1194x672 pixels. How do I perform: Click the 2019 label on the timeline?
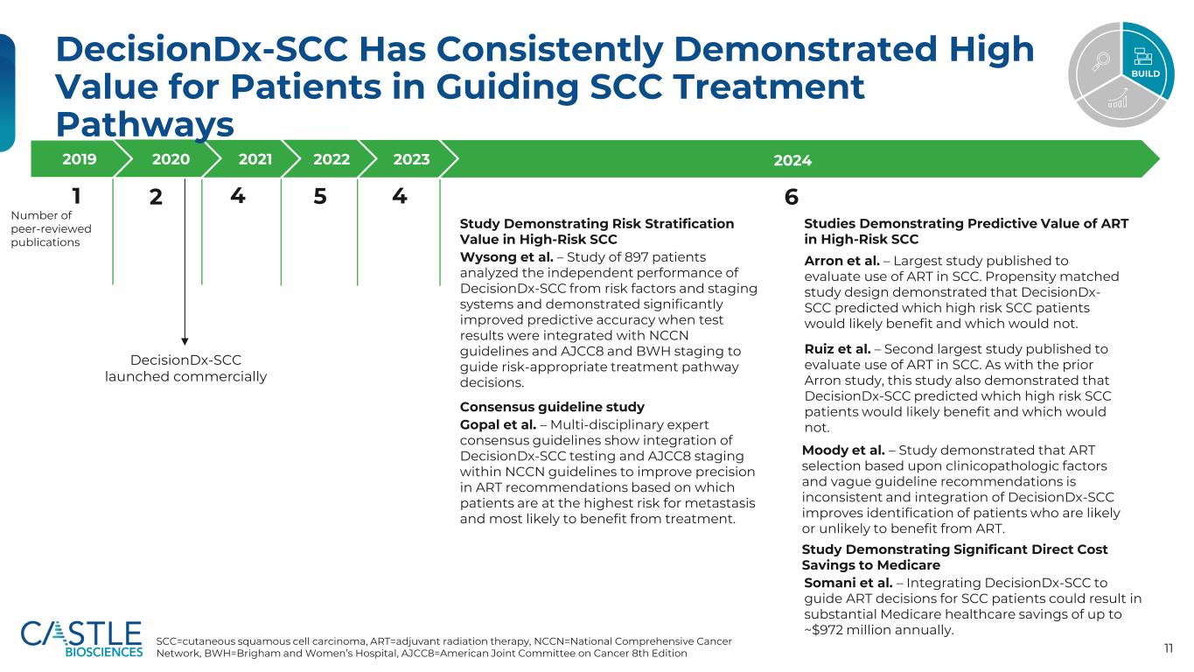pos(80,159)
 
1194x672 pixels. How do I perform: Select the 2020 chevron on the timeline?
pos(170,159)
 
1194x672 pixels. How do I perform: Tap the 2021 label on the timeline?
pos(255,159)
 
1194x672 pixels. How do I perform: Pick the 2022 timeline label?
pos(332,159)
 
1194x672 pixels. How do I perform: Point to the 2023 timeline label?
pos(411,159)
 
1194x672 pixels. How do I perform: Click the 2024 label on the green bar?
pos(793,160)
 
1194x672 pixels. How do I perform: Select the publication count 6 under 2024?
pos(791,199)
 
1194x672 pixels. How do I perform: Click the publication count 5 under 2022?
pos(320,198)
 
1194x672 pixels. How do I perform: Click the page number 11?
pos(1169,648)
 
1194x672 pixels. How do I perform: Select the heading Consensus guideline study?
pos(552,407)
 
